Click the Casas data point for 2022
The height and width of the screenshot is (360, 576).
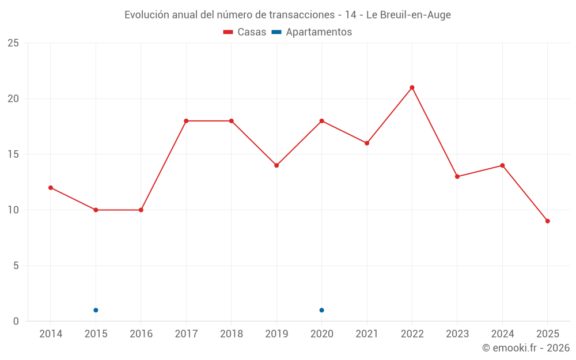click(x=412, y=88)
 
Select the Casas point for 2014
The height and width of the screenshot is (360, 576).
click(x=51, y=188)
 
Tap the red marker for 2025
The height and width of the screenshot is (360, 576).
click(x=547, y=221)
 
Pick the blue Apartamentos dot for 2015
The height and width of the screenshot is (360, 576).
click(x=96, y=310)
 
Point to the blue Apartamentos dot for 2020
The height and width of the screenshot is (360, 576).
click(x=321, y=310)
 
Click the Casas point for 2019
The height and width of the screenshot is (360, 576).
click(x=276, y=165)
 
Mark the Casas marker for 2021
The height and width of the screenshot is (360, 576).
click(x=367, y=143)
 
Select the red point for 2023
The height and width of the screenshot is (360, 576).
click(x=457, y=177)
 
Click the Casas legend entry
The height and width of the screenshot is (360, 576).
click(x=245, y=32)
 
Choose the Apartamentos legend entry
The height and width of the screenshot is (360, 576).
click(x=312, y=32)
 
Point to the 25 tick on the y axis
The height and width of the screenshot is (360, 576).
click(x=13, y=43)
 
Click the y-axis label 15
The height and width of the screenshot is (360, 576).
click(x=13, y=154)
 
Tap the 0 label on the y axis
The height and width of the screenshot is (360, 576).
click(x=16, y=321)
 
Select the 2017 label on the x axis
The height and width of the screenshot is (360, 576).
click(x=186, y=334)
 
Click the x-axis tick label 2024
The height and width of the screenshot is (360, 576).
click(x=502, y=334)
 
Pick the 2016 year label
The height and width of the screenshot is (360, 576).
click(x=141, y=334)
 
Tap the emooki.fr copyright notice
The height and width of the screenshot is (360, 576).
click(x=526, y=348)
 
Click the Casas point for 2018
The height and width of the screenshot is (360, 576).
click(x=231, y=121)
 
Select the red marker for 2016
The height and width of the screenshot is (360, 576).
click(x=141, y=210)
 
